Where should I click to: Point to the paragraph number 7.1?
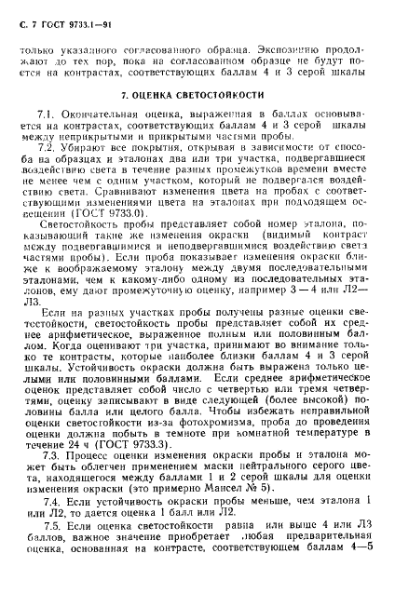(59, 112)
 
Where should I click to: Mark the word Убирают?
(97, 148)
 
